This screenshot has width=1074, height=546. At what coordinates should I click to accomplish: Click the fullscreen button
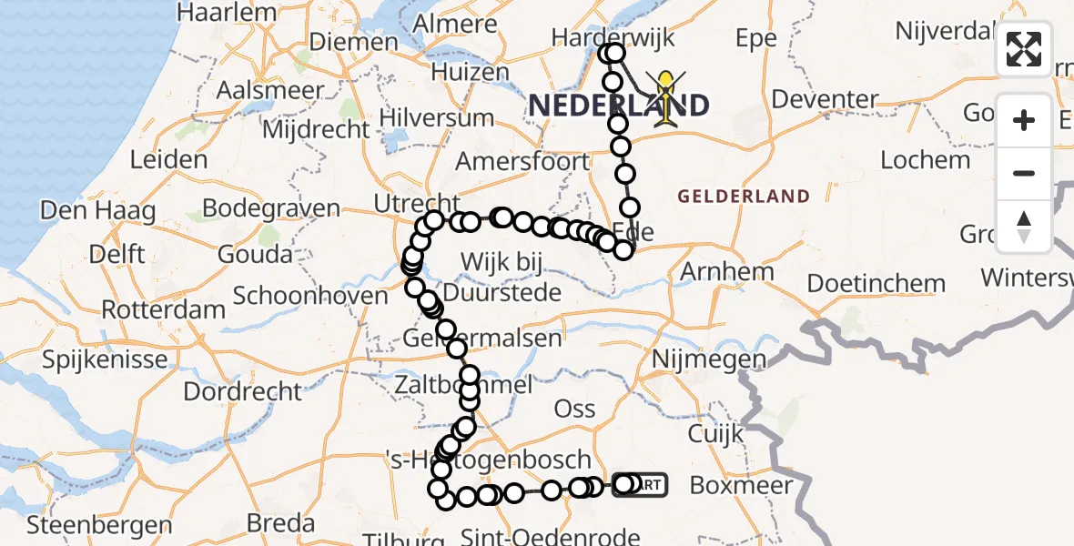[x=1024, y=49]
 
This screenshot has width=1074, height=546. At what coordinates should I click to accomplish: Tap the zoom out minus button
[x=1024, y=173]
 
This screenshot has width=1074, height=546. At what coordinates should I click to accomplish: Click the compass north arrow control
[x=1024, y=226]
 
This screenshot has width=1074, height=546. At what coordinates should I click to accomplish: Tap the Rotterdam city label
[x=163, y=309]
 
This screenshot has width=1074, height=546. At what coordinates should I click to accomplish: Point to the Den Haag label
[x=97, y=211]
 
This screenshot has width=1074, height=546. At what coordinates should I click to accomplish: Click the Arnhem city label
[x=727, y=271]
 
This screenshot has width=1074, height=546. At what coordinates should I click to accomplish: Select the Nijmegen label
[x=709, y=359]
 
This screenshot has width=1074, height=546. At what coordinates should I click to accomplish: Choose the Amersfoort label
[x=522, y=161]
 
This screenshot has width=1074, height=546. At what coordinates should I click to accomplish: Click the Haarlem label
[x=227, y=13]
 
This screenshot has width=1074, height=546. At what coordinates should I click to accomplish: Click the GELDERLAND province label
[x=744, y=196]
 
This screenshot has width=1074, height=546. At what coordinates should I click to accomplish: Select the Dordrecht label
[x=242, y=391]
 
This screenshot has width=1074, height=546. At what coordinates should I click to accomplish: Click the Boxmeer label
[x=741, y=485]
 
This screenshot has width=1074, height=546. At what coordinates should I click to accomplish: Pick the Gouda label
[x=255, y=254]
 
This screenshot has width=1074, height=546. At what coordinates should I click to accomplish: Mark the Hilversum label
[x=437, y=117]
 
